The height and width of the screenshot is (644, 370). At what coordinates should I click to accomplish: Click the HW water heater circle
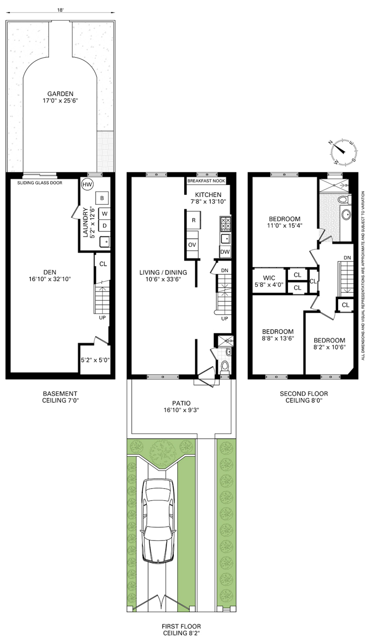tap(87, 185)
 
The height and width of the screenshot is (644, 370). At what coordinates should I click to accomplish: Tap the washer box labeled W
tap(105, 214)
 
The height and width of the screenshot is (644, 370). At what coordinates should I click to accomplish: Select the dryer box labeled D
tap(105, 226)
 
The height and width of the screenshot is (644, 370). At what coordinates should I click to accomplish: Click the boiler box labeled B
tap(102, 198)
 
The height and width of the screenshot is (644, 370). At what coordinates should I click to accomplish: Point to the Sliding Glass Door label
tap(40, 183)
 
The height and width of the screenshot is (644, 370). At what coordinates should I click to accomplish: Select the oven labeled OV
tap(192, 245)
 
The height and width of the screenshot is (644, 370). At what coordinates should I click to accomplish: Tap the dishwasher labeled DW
tap(225, 252)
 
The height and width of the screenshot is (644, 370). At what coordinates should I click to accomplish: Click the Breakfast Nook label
tap(206, 181)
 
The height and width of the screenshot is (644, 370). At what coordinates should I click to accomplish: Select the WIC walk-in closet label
tap(269, 278)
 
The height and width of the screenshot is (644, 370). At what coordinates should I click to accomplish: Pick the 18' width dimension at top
tap(60, 10)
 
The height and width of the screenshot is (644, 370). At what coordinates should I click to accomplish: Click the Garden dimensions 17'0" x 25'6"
tap(60, 101)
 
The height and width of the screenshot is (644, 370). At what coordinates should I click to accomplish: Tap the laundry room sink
tap(105, 242)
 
